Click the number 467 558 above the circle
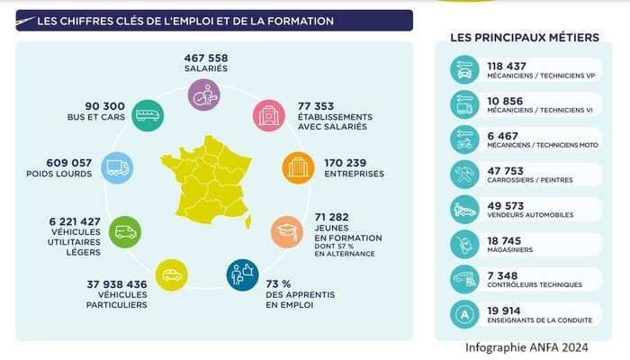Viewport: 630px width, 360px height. (x=205, y=58)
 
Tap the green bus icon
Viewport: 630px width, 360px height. (x=146, y=114)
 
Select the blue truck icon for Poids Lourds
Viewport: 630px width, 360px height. (x=117, y=166)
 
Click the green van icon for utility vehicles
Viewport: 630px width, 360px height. (x=124, y=232)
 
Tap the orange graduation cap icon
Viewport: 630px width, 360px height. (x=286, y=232)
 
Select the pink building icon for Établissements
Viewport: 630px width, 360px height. (x=268, y=115)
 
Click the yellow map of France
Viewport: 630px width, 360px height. (x=207, y=180)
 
